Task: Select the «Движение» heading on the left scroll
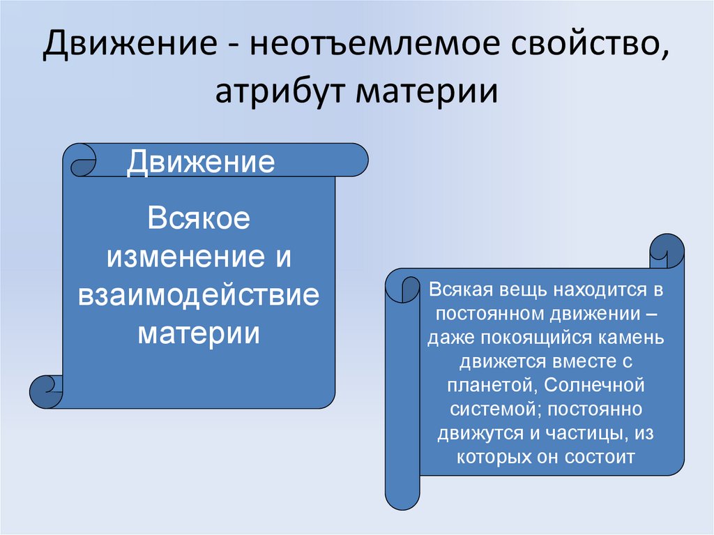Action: (x=200, y=162)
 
